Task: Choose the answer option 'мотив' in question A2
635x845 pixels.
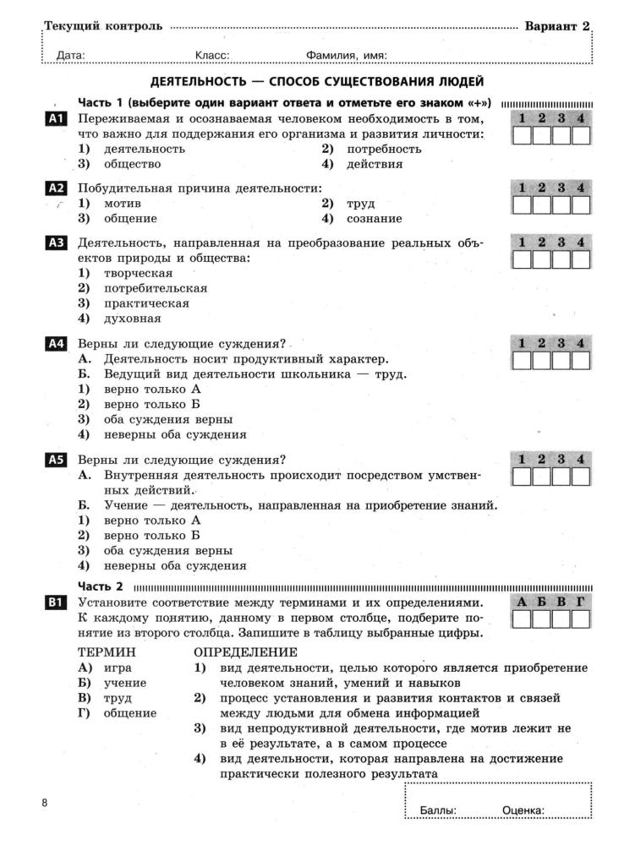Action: tap(122, 204)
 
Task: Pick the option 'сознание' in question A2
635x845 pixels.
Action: tap(374, 219)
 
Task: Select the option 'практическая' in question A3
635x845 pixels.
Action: tap(146, 303)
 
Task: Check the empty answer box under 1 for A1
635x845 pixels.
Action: tap(523, 136)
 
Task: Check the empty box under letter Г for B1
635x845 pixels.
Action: tap(581, 620)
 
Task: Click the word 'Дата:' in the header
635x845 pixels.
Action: tap(70, 56)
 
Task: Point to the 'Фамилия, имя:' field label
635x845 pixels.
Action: tap(347, 56)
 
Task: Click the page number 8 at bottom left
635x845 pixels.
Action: tap(45, 801)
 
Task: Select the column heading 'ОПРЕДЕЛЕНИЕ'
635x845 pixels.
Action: tap(245, 652)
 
